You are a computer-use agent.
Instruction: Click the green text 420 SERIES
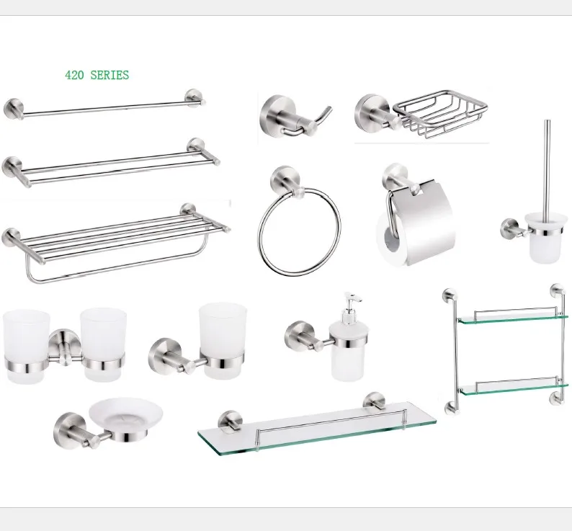[97, 75]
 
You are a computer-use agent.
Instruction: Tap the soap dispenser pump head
[351, 300]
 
